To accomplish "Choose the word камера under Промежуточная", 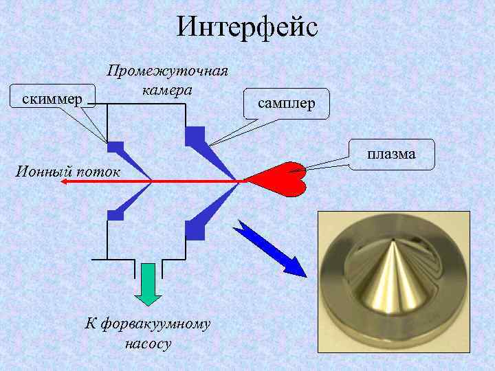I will (x=167, y=90).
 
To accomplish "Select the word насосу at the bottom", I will (x=148, y=341).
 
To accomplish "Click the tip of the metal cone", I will (x=392, y=243).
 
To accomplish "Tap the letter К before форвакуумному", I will (x=89, y=322).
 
